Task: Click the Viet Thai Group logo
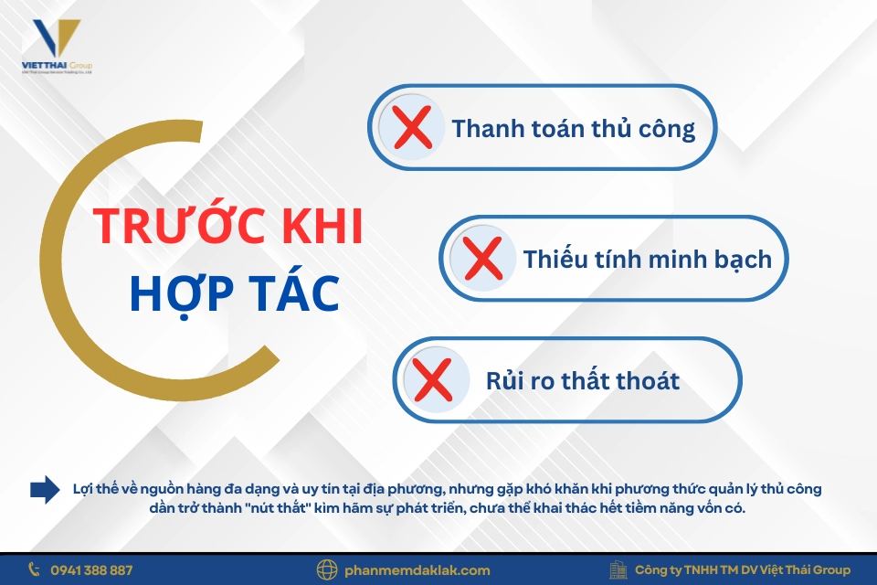pos(56,46)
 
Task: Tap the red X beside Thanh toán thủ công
pos(414,128)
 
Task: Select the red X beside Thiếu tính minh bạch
pos(484,259)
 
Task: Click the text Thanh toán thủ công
pos(573,128)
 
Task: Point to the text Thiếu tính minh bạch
pos(647,259)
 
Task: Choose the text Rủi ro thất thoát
pos(583,379)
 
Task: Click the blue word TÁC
pos(292,292)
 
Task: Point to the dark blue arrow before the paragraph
pos(44,489)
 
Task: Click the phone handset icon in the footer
pos(35,569)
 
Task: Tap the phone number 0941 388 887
pos(91,569)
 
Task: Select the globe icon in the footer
pos(326,569)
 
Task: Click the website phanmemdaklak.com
pos(417,569)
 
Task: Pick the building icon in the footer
pos(618,569)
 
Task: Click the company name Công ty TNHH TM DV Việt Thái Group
pos(742,569)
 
